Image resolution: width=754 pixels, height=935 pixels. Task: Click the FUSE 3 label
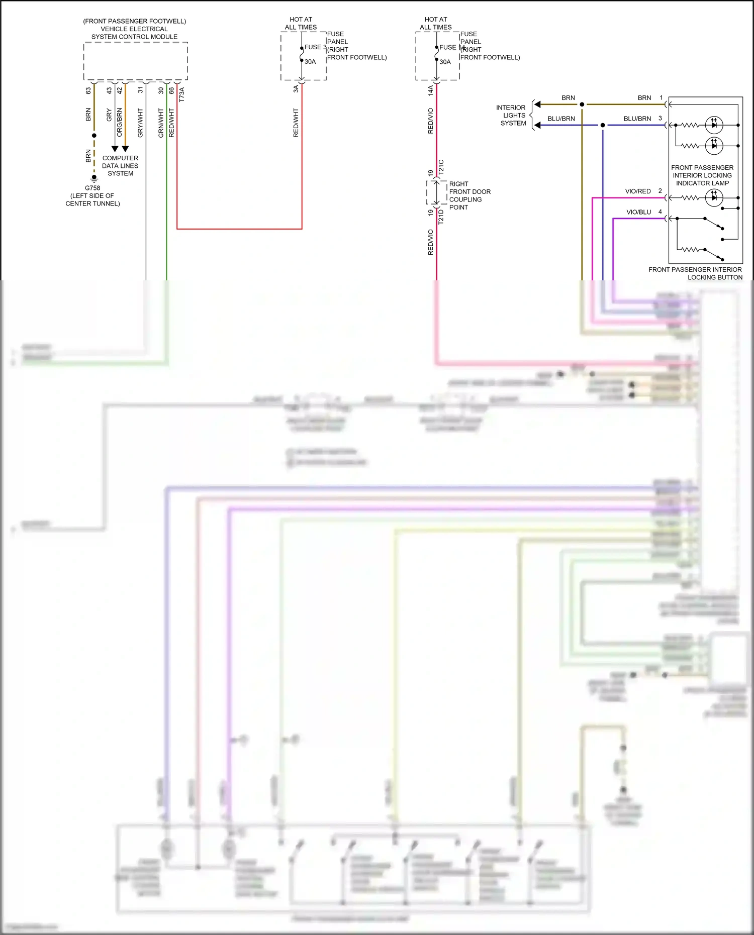tap(315, 47)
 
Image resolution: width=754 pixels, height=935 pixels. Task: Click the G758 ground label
tap(92, 188)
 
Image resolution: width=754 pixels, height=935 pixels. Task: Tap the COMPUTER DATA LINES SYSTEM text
tap(120, 166)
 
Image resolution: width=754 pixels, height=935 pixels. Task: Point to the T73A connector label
tap(182, 94)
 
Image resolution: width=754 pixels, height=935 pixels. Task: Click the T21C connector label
tap(441, 167)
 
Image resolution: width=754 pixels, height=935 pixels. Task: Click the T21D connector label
tap(441, 217)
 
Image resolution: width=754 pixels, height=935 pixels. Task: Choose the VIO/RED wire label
tap(638, 191)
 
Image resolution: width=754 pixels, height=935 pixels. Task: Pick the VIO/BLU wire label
tap(638, 212)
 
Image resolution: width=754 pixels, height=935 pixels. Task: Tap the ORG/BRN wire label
tap(120, 123)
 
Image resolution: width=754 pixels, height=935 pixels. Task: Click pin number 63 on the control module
tap(88, 91)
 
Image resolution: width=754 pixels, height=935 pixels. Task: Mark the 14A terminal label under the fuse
tap(431, 90)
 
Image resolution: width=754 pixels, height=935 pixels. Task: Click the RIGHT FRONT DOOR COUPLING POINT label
tap(469, 195)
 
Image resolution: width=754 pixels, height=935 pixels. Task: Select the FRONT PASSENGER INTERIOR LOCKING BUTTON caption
tap(695, 273)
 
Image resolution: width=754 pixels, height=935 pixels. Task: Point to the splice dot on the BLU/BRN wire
tap(603, 125)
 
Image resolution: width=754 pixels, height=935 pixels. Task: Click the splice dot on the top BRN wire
tap(582, 105)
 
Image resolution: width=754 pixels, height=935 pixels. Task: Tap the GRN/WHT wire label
tap(161, 123)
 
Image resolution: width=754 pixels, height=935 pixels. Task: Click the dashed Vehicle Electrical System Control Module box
tap(136, 61)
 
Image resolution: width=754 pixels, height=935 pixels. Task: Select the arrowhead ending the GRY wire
tap(115, 149)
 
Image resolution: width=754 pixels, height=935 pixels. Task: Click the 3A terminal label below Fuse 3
tap(296, 89)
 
